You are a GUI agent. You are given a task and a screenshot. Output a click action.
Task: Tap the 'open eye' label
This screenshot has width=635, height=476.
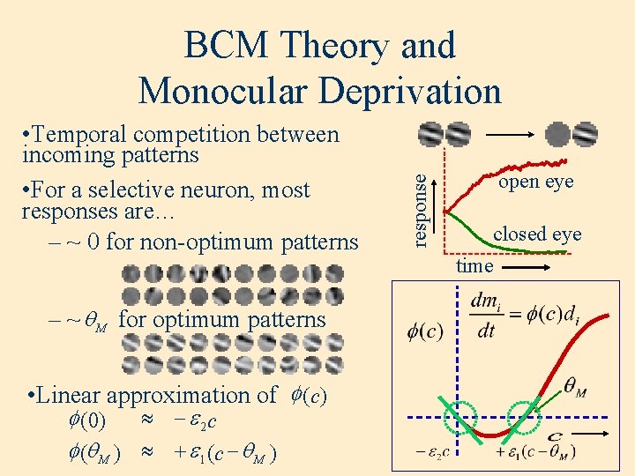coord(535,182)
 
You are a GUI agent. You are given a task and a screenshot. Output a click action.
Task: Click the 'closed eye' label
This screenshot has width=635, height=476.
coord(537,234)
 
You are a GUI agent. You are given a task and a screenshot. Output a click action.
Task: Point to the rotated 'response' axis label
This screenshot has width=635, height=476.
coord(424,209)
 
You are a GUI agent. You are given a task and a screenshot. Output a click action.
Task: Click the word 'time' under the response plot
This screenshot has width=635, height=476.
coord(474,264)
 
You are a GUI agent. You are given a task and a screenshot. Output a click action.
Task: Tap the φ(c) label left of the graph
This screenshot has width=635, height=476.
coord(424,331)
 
